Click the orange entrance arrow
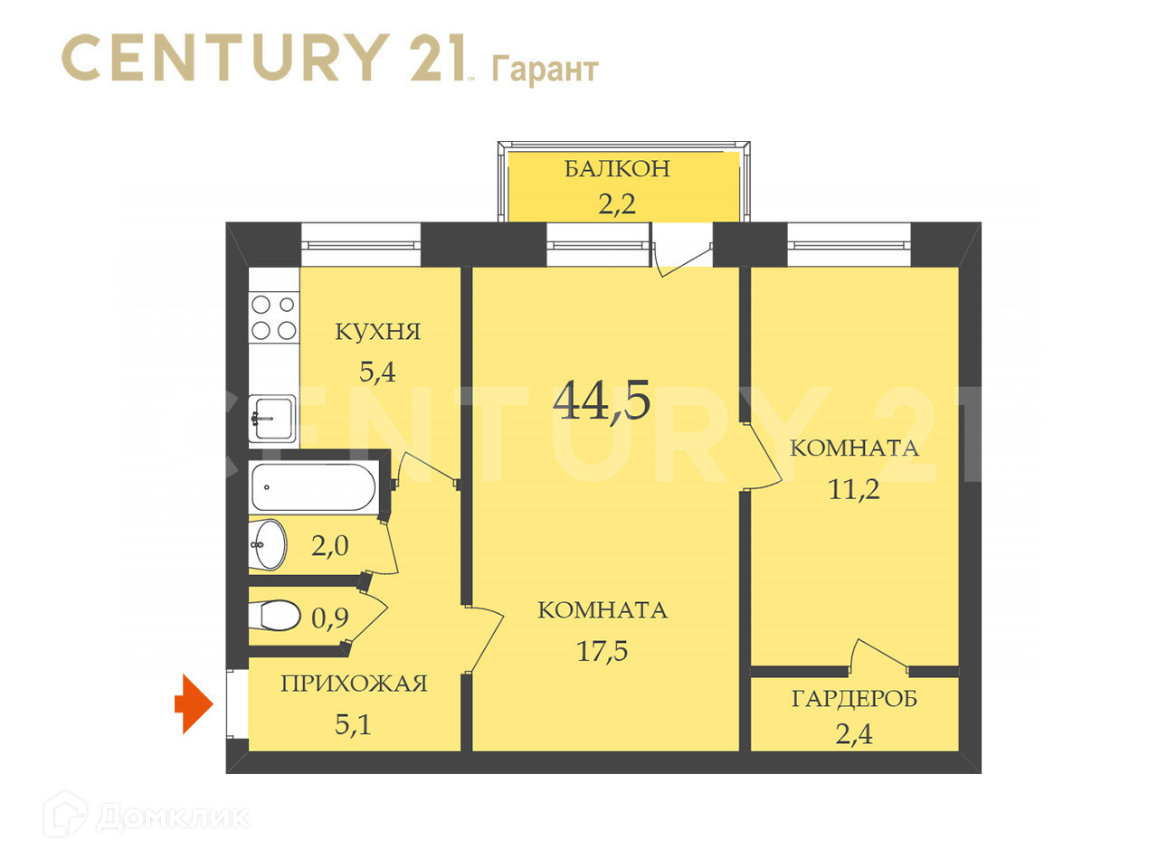click(193, 703)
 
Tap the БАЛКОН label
click(617, 169)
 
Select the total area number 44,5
click(602, 400)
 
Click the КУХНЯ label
click(378, 332)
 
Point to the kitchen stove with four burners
click(273, 317)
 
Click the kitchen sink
click(272, 418)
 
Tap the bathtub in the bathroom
click(313, 487)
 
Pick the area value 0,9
click(330, 618)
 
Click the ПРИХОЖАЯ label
click(354, 684)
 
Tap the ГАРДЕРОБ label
click(854, 699)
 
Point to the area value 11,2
click(854, 489)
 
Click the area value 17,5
click(603, 650)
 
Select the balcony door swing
click(681, 253)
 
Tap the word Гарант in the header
click(545, 69)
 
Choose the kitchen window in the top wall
click(361, 243)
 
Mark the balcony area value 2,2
click(617, 204)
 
